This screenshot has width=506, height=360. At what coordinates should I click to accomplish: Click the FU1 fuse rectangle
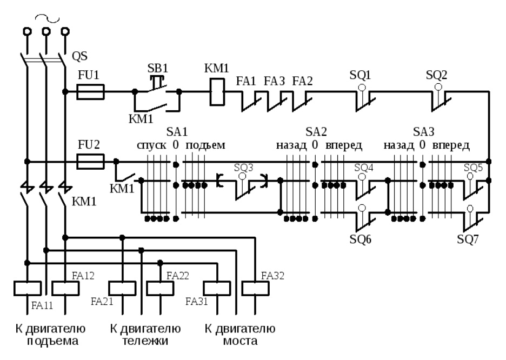click(90, 91)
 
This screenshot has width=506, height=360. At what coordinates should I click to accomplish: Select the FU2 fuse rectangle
click(90, 161)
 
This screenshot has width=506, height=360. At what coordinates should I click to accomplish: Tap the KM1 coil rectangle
click(217, 92)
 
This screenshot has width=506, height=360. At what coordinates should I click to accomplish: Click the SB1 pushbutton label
click(158, 69)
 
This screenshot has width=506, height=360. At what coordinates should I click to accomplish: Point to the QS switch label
click(79, 56)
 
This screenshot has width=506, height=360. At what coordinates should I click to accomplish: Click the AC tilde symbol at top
click(48, 18)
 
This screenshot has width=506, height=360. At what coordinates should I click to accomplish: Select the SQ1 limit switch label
click(360, 75)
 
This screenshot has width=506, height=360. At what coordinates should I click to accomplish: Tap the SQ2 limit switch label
click(436, 75)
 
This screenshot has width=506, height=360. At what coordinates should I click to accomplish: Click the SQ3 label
click(244, 168)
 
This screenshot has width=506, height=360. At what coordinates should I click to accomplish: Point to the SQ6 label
click(360, 239)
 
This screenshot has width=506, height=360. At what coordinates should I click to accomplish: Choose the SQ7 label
click(468, 239)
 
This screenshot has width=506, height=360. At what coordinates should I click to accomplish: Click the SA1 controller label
click(177, 131)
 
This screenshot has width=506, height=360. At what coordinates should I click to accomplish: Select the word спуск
click(152, 145)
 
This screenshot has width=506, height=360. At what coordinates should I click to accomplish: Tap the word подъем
click(205, 145)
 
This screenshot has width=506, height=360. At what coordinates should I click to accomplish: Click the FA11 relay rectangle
click(28, 289)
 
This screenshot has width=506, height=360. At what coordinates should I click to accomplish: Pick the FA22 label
click(177, 276)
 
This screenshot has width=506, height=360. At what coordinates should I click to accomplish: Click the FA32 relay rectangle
click(255, 289)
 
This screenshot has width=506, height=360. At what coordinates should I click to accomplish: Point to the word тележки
click(145, 341)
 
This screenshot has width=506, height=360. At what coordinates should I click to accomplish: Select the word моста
click(240, 341)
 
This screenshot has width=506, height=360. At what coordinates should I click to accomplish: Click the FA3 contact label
click(274, 81)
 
